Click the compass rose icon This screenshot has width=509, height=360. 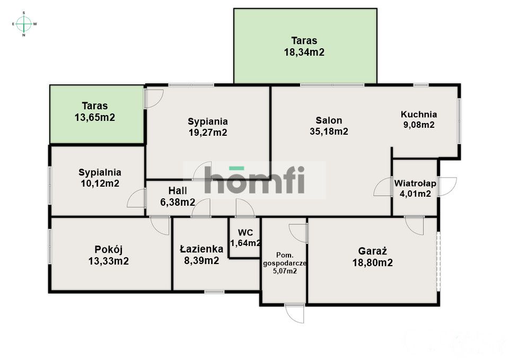pos(24,24)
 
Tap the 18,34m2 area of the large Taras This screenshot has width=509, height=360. pos(304,52)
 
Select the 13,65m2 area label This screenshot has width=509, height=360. pos(95,118)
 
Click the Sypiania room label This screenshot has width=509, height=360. pos(208,122)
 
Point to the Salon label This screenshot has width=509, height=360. pos(329,120)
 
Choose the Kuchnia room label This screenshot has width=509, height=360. pos(419,115)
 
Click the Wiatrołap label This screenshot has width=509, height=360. pos(415,183)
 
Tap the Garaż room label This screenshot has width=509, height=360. pos(373,251)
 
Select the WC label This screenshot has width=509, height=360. pos(245,232)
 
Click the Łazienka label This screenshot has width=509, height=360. pos(201,249)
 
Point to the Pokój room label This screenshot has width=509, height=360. pos(108,250)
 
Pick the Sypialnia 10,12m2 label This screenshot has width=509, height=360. pos(100,178)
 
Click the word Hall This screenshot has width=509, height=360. pos(178,190)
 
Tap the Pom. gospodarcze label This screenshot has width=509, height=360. pos(285,259)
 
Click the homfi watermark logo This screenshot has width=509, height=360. pos(254,180)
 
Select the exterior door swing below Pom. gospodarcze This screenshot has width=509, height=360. pos(295,313)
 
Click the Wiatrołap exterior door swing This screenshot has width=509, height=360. pos(447,187)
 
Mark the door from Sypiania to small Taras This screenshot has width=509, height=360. pos(154,99)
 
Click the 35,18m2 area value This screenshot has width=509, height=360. pos(329,131)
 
